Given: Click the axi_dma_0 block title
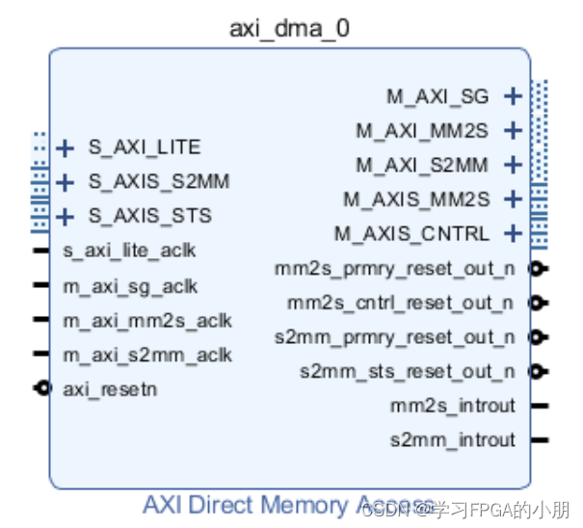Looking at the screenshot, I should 289,28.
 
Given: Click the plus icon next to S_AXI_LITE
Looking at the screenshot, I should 65,148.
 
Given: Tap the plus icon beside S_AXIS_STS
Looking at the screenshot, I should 65,216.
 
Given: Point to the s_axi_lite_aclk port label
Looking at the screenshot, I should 129,251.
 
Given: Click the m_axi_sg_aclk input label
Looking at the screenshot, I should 130,286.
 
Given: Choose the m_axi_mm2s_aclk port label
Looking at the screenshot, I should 147,321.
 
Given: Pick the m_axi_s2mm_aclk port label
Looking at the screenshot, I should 147,355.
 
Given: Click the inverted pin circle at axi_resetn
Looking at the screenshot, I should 40,388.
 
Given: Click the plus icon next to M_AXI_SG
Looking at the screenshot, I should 513,95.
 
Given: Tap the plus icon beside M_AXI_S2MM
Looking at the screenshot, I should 513,165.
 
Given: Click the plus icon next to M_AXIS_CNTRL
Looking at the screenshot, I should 513,233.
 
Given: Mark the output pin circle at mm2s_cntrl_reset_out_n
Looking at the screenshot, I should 538,304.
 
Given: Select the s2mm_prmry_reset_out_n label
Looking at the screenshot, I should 395,337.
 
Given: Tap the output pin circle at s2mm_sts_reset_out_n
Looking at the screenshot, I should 538,371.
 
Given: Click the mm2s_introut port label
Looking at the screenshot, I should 453,406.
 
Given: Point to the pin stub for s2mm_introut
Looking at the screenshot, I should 540,440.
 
